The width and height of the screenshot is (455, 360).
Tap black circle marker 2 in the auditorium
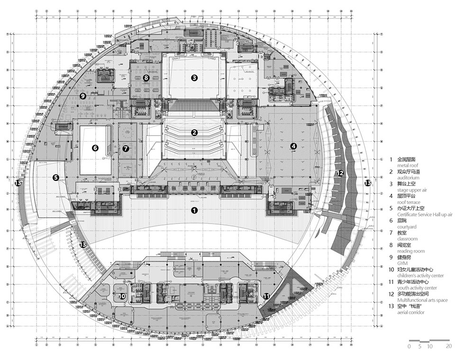(x=194, y=133)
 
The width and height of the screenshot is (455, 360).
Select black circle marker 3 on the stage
(x=194, y=77)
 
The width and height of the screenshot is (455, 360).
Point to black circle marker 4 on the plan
(x=293, y=146)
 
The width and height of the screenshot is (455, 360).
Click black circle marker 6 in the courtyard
(x=95, y=148)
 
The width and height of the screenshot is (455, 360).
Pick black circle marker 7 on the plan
(x=126, y=148)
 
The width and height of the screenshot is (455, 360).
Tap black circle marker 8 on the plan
(x=146, y=77)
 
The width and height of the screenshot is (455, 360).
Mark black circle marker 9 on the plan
(x=82, y=96)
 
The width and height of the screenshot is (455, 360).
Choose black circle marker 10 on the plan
(x=122, y=296)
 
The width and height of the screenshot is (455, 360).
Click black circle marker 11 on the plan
(x=266, y=296)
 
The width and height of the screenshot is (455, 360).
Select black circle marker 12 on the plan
(x=339, y=173)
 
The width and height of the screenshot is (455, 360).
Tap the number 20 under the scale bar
(x=449, y=346)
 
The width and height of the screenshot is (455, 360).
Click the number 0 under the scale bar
(x=409, y=346)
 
